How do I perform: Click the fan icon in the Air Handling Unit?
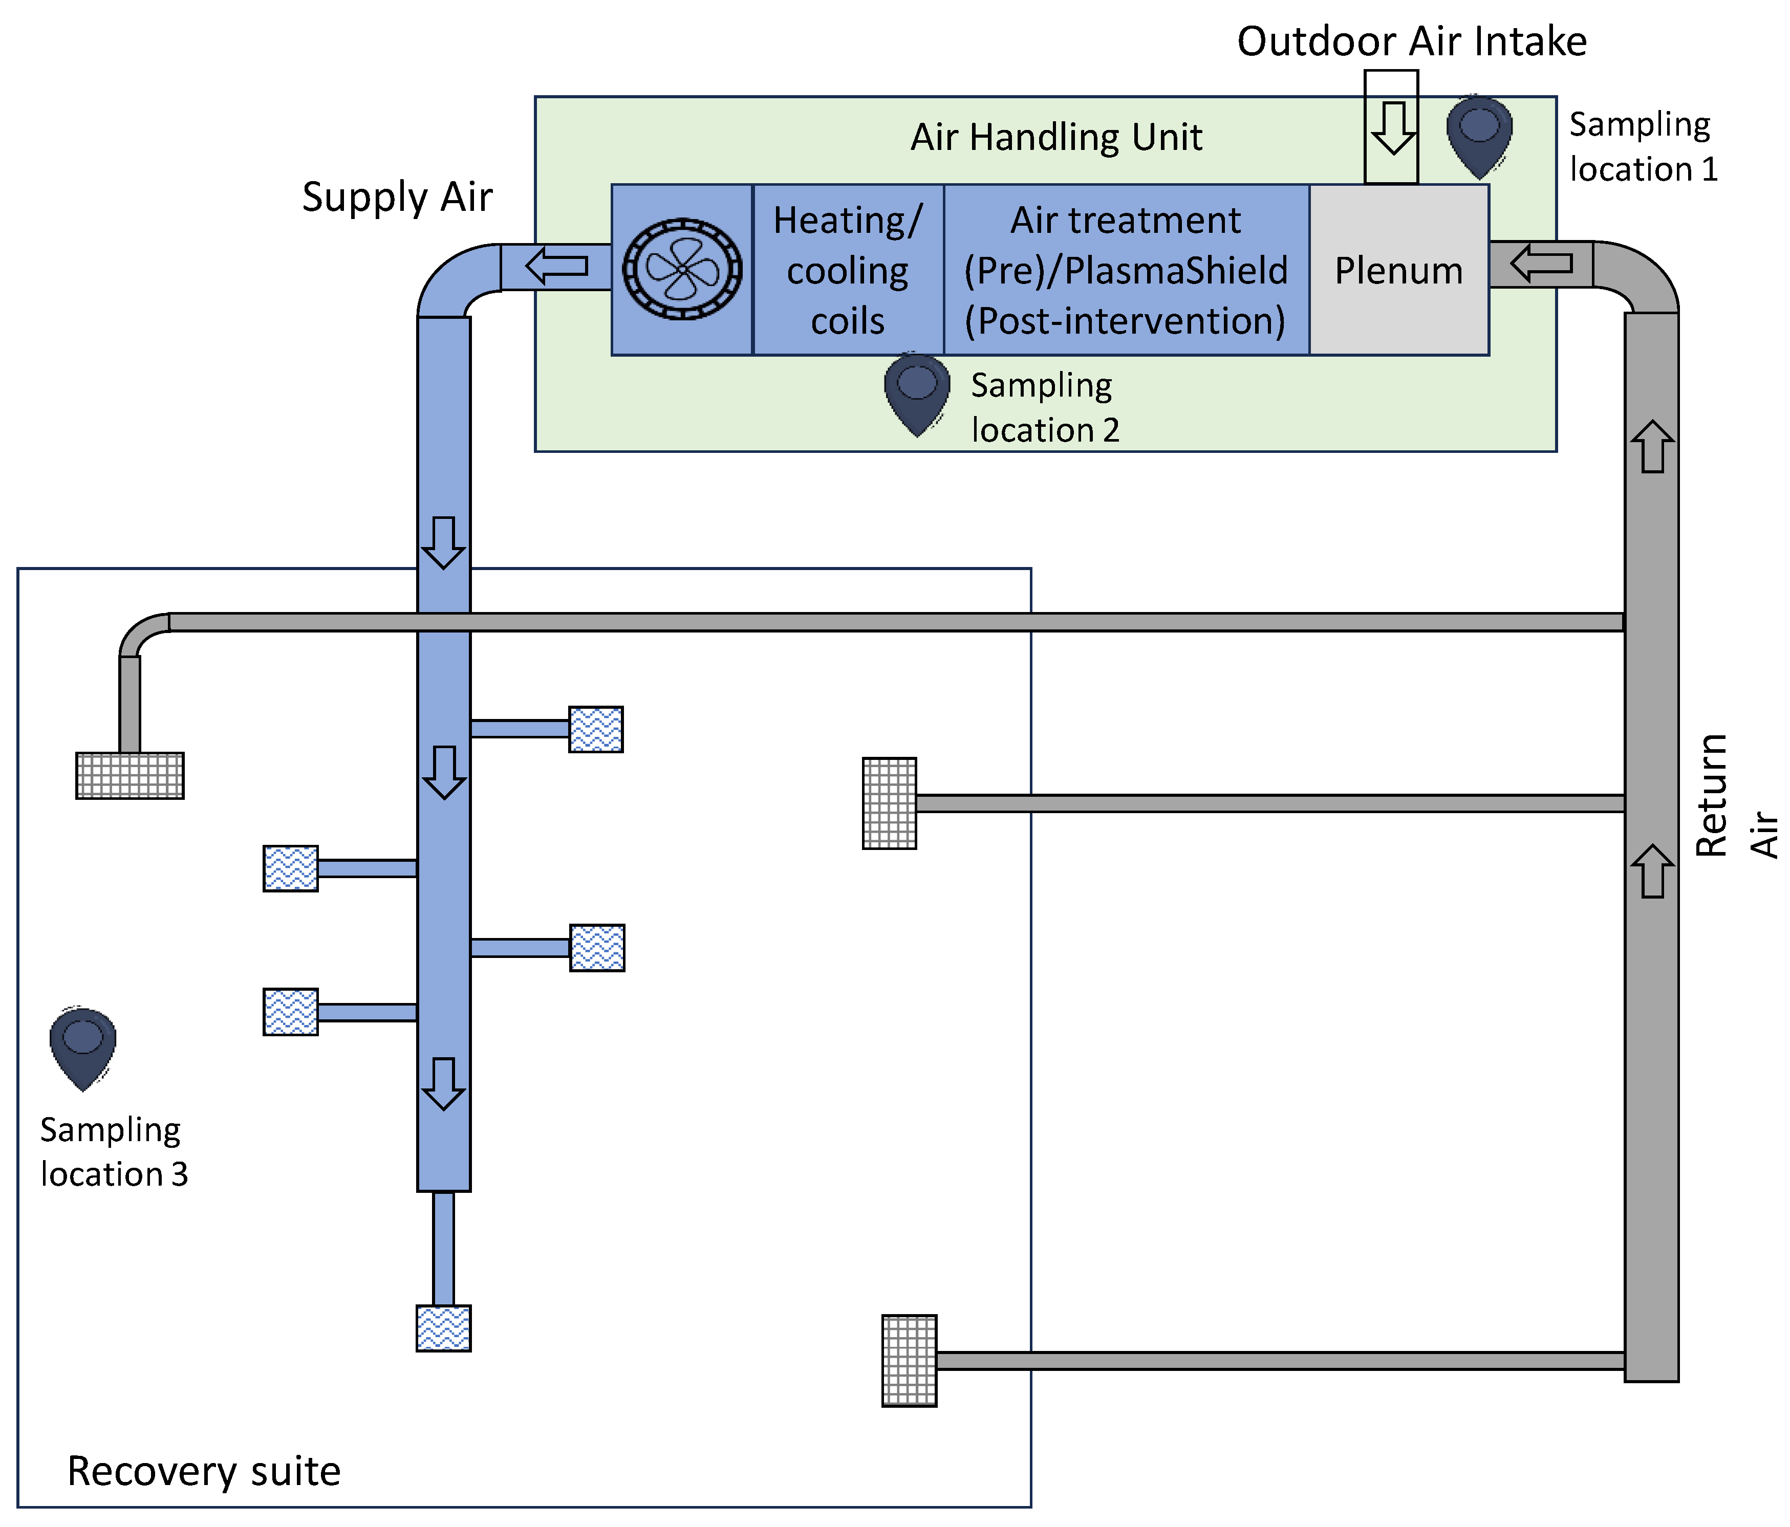coord(682,269)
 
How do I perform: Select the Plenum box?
coord(1398,270)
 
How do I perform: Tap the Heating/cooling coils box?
coord(848,270)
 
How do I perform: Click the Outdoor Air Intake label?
coord(1412,41)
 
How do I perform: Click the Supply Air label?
coord(397,197)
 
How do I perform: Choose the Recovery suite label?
coord(204,1471)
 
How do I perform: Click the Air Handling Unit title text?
coord(1055,137)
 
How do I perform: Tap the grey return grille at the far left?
coord(130,775)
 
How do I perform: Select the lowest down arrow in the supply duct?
coord(444,1083)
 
